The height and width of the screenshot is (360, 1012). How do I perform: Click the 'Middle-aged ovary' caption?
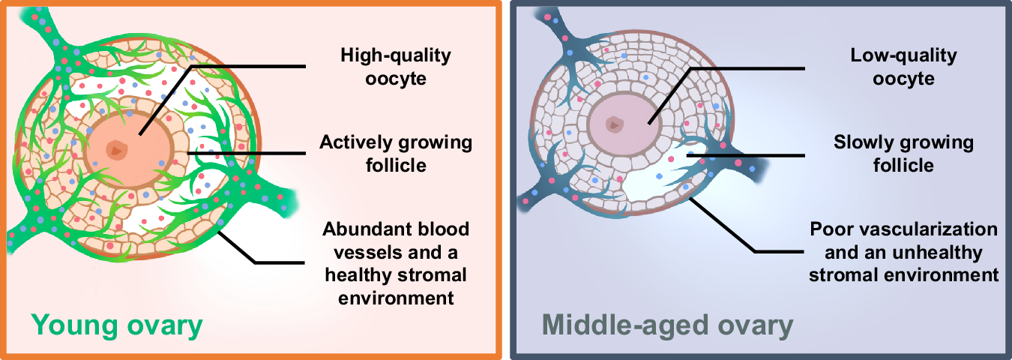(x=667, y=326)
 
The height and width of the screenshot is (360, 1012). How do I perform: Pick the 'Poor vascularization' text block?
(x=903, y=251)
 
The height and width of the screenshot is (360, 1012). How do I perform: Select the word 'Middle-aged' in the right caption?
(x=618, y=326)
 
